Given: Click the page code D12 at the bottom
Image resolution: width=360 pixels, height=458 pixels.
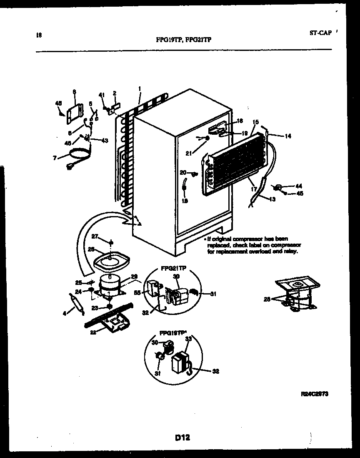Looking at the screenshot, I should (x=182, y=438).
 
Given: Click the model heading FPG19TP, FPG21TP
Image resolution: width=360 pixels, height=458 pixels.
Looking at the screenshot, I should (x=183, y=41).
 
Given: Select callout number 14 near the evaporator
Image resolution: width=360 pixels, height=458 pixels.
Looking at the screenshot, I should (x=288, y=136).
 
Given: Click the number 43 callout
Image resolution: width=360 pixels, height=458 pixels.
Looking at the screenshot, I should (x=105, y=140).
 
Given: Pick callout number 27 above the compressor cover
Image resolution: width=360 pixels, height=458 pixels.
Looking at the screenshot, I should (x=95, y=237).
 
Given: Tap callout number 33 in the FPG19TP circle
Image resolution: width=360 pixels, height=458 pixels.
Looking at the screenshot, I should (x=188, y=340).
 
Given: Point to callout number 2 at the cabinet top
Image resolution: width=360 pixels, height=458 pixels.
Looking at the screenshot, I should (x=115, y=93).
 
